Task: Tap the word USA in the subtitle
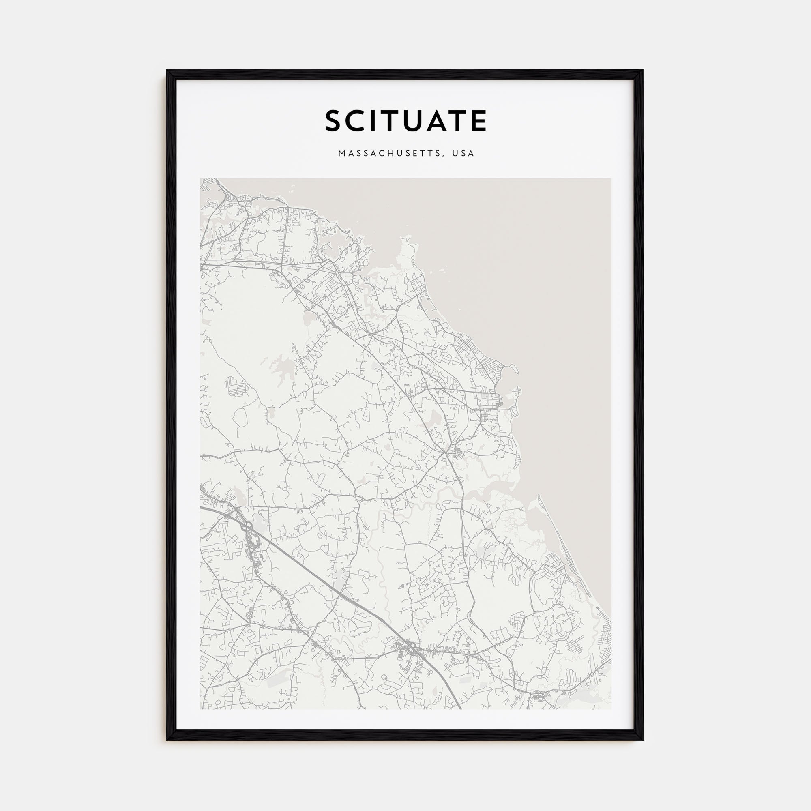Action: coord(463,154)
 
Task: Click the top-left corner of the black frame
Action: coord(167,70)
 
